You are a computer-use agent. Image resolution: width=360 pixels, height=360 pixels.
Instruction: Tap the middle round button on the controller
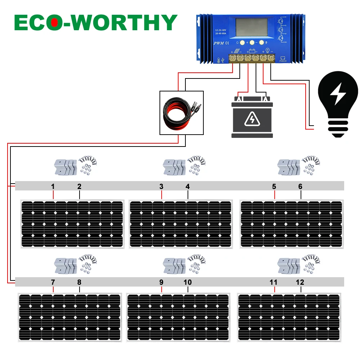coord(252,42)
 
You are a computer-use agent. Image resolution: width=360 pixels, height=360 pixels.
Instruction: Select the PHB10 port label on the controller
coord(283,61)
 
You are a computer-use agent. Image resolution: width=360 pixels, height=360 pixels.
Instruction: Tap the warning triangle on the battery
coord(252,120)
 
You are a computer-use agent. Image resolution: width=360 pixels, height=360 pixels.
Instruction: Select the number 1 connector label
coord(53,186)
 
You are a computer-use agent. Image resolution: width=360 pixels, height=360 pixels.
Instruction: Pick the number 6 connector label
coord(300,186)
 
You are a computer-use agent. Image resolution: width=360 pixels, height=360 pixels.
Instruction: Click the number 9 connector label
coord(161,282)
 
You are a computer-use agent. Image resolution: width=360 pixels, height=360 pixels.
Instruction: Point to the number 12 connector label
coord(300,282)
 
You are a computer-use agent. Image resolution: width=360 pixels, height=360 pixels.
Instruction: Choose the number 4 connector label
coord(188,186)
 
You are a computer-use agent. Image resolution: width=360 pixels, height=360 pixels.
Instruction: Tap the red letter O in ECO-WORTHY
coord(55,22)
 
